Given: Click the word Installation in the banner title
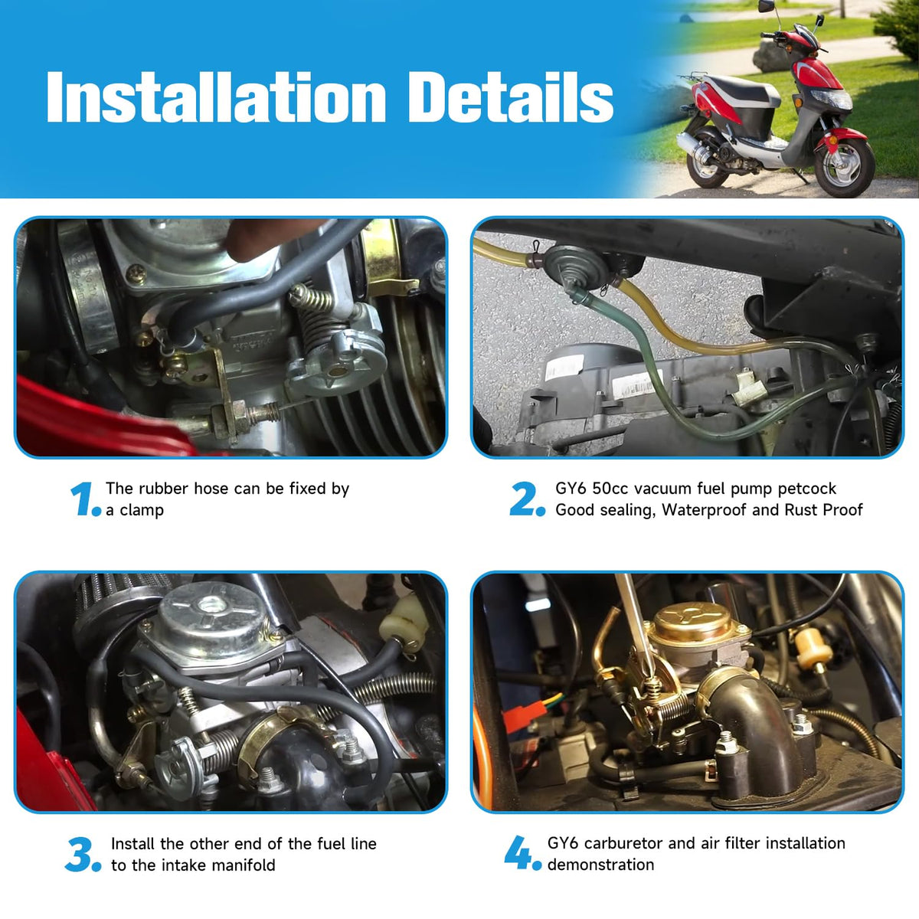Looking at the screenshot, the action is coord(216,97).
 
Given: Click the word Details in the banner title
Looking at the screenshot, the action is coord(511,97).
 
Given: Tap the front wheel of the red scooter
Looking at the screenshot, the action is coord(843,165).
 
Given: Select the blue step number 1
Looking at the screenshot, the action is coord(85,499).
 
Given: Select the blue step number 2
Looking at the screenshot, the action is coord(526,499).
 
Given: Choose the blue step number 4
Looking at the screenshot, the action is coord(523,853).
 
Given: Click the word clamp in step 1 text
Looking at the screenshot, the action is coord(142,510).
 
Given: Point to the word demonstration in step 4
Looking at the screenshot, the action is coord(601,865).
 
